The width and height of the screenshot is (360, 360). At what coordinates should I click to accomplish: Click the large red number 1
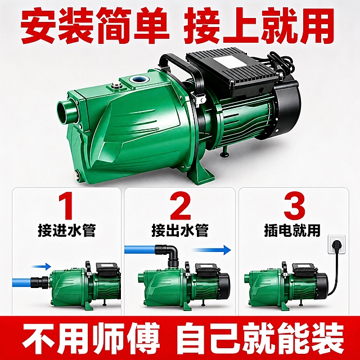click(66, 206)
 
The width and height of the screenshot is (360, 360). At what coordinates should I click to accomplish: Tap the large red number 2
click(181, 206)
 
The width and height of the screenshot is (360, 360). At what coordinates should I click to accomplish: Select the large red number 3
click(294, 206)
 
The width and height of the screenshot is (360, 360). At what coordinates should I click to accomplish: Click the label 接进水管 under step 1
click(66, 230)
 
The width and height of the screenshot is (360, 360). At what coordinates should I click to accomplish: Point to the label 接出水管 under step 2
click(180, 230)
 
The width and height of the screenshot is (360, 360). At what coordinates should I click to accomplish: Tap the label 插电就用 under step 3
click(292, 230)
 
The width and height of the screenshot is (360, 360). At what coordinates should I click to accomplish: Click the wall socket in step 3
click(336, 244)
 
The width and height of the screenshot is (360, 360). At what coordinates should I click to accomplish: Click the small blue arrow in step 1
click(41, 266)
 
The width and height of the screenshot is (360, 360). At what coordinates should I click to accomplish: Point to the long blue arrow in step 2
click(211, 250)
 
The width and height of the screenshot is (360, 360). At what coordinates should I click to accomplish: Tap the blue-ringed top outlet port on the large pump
click(138, 79)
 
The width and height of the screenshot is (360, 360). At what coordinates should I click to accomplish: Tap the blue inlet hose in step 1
click(21, 282)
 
